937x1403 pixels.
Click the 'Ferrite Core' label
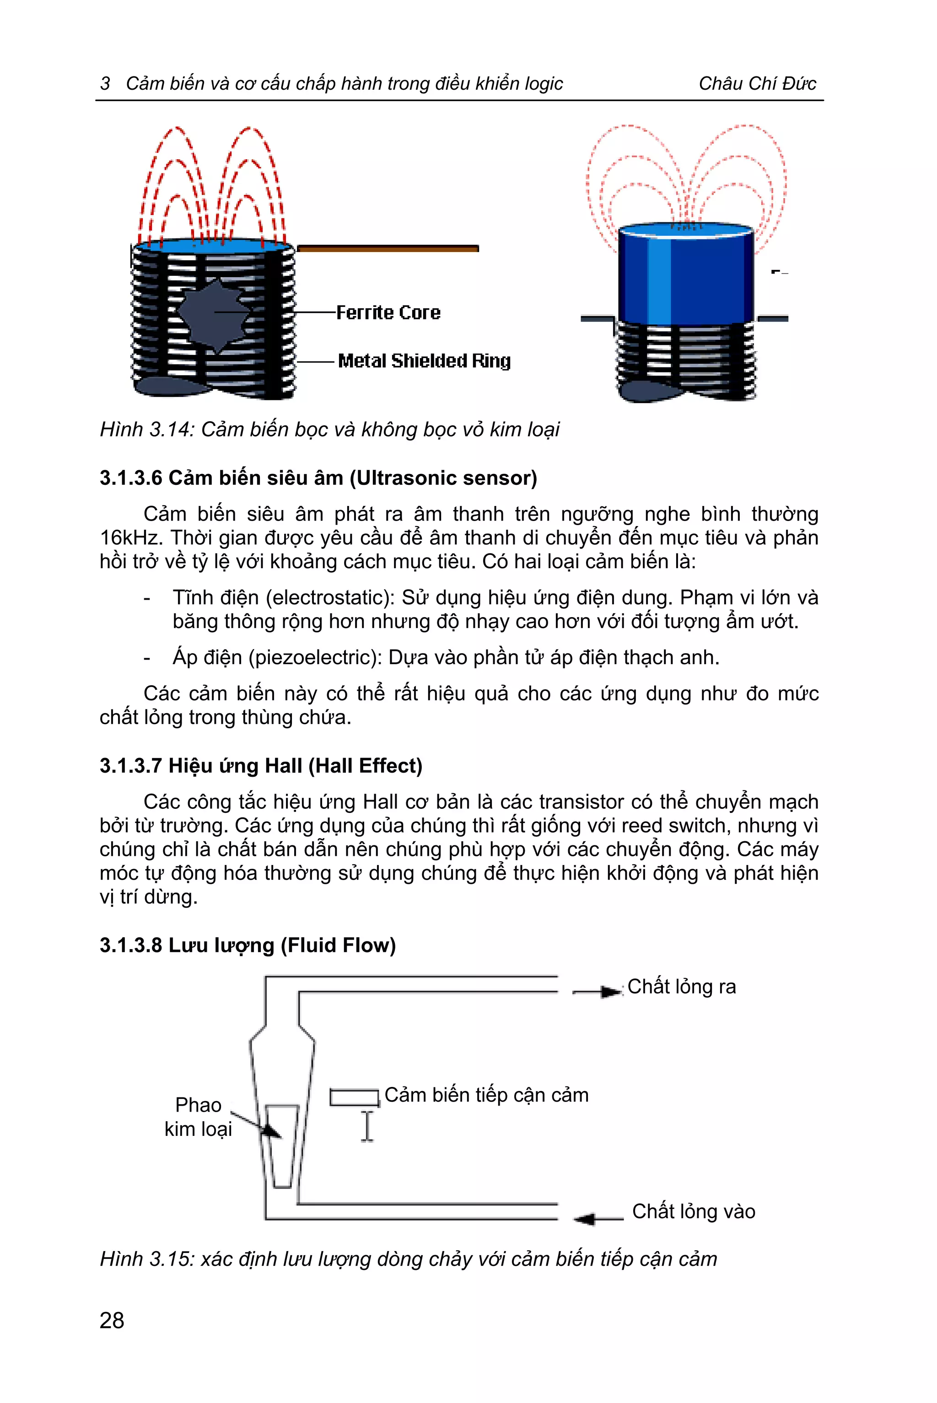click(388, 312)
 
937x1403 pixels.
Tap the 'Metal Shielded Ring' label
click(424, 361)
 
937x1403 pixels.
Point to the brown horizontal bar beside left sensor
click(387, 248)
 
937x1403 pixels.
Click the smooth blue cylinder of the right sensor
click(685, 275)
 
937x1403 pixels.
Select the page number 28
click(112, 1320)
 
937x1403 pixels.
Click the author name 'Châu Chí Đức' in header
click(757, 83)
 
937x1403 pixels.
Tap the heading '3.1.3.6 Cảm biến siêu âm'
click(318, 478)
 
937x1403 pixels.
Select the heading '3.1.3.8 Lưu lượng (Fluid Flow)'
click(248, 945)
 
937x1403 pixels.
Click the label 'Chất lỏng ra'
click(681, 987)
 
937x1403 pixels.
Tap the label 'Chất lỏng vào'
click(693, 1211)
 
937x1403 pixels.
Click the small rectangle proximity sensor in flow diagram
click(355, 1097)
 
